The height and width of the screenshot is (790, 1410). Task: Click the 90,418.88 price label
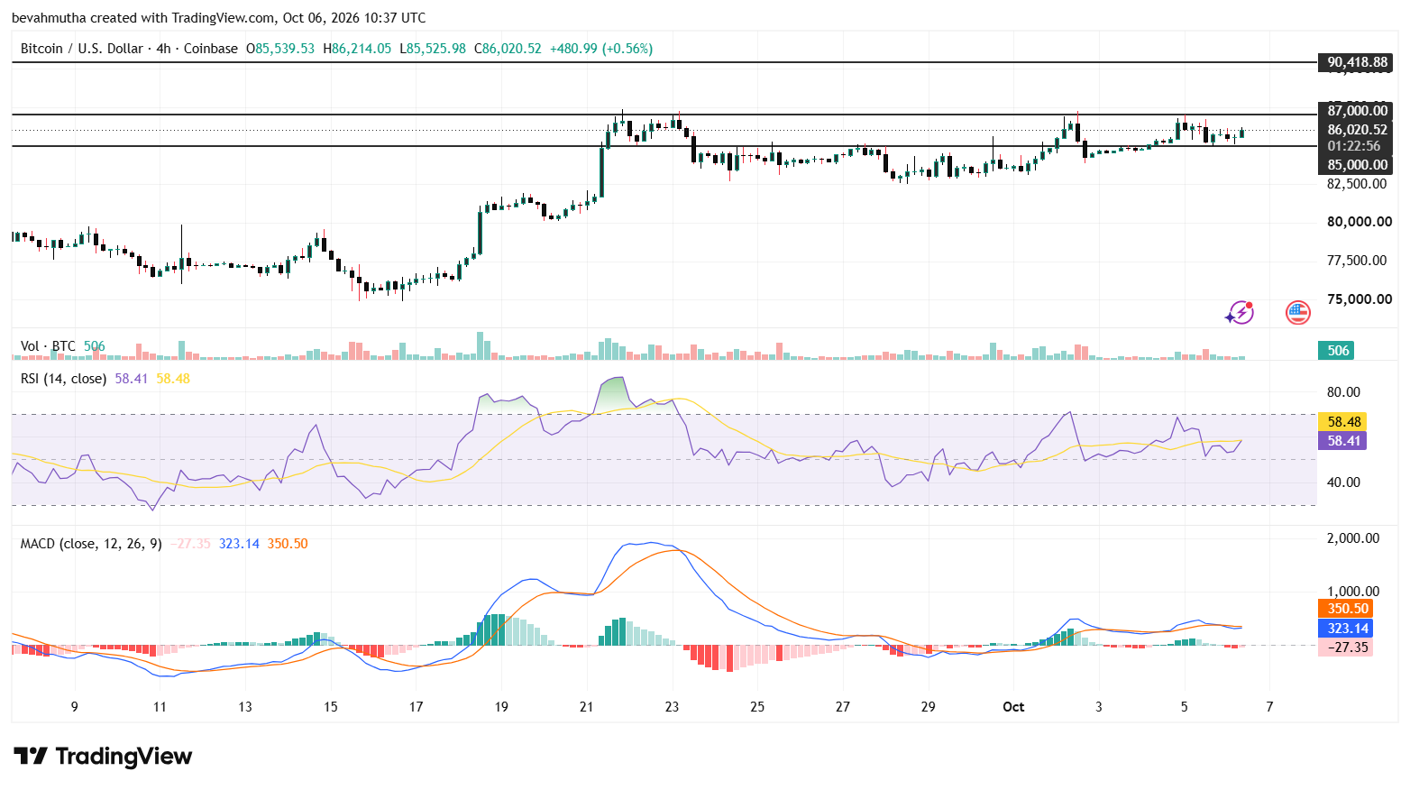[x=1357, y=62]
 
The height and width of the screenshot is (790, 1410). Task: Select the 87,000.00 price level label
[x=1357, y=111]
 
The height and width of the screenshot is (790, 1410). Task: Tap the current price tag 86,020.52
[x=1357, y=130]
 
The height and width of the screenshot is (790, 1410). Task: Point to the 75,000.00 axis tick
[x=1359, y=299]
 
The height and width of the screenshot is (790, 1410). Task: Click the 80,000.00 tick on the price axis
[x=1359, y=222]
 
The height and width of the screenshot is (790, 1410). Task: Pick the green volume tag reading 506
[x=1337, y=351]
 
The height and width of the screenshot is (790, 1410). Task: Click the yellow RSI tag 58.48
[x=1343, y=422]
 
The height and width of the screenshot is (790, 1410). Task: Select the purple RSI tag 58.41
[x=1343, y=441]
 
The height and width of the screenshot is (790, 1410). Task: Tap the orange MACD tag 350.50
[x=1346, y=609]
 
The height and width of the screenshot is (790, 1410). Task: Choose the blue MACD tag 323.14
[x=1346, y=629]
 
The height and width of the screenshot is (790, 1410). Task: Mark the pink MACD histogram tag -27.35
[x=1346, y=648]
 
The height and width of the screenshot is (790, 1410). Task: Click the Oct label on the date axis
[x=1013, y=707]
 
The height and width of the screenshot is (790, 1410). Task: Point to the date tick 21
[x=587, y=707]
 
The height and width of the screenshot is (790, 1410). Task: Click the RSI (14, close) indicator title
[x=63, y=379]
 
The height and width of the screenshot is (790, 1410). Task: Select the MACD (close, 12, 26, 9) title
[x=91, y=544]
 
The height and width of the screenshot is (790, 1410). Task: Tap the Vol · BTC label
[x=48, y=346]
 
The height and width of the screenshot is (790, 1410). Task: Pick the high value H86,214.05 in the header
[x=357, y=49]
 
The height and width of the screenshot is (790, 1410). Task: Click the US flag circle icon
[x=1298, y=313]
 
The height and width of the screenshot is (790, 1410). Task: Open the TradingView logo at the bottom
[x=103, y=756]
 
